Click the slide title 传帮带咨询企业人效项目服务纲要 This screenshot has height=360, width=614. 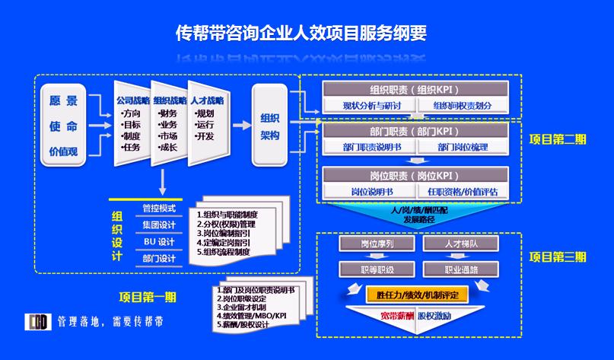[x=301, y=33]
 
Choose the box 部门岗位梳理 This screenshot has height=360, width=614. [x=463, y=147]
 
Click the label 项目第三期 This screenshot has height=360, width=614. [x=558, y=256]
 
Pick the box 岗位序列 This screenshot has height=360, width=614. [x=377, y=244]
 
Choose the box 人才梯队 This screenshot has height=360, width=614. [x=461, y=244]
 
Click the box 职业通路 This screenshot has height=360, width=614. [x=461, y=269]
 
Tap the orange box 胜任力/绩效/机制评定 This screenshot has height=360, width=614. [x=411, y=293]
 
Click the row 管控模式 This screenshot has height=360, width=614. [x=159, y=209]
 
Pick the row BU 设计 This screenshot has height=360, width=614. [x=159, y=242]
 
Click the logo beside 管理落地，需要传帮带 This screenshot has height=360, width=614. [x=37, y=321]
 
